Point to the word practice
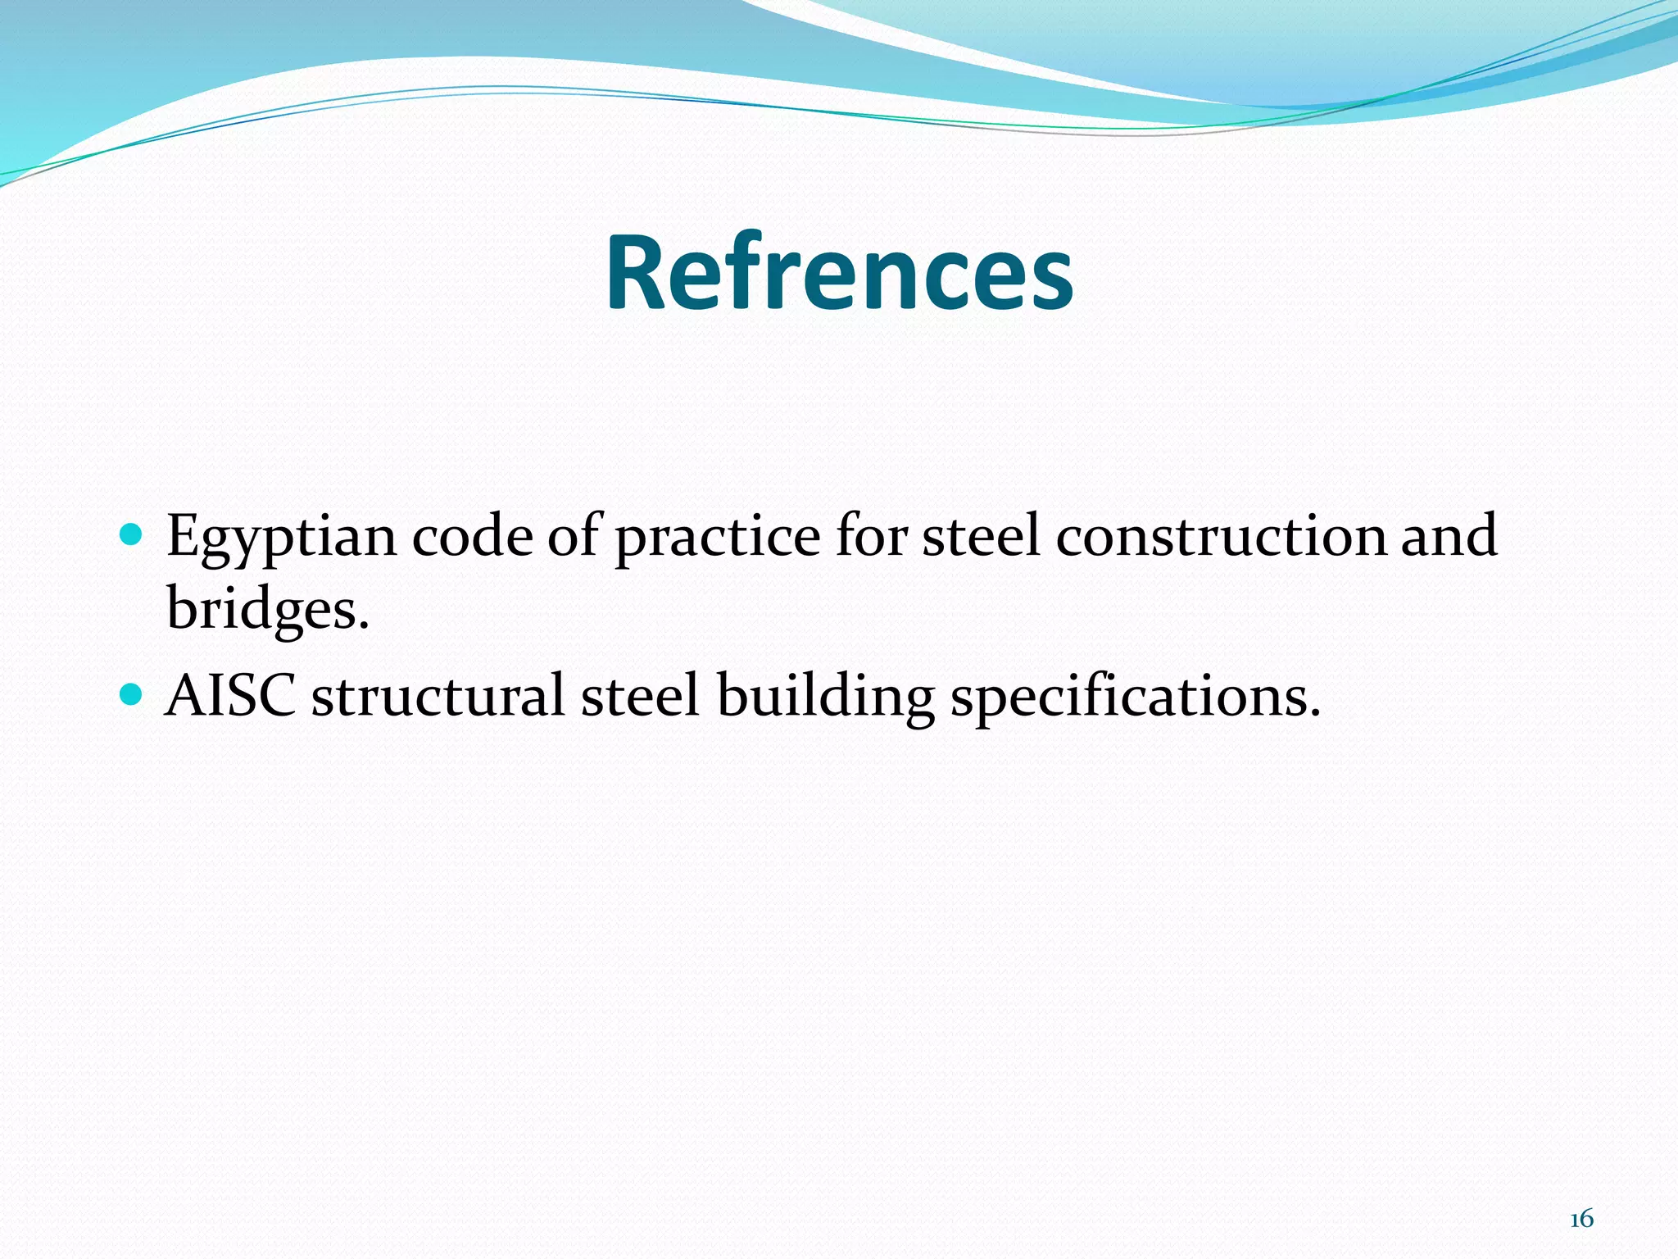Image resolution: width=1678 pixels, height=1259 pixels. click(x=717, y=538)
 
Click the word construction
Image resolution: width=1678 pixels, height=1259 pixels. click(x=1221, y=536)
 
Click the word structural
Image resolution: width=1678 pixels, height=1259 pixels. click(x=438, y=696)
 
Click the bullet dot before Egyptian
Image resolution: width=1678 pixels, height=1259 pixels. click(x=131, y=536)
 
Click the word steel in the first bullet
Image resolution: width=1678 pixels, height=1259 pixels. click(x=981, y=536)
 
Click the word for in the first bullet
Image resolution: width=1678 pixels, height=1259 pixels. click(x=872, y=536)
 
